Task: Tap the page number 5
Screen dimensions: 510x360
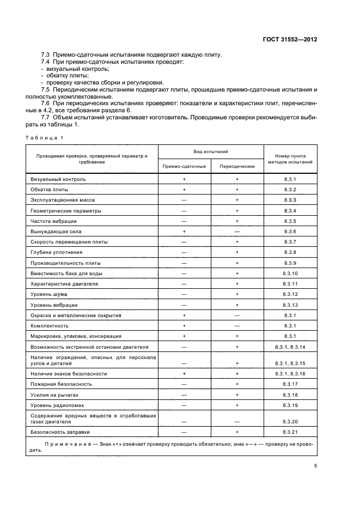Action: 315,466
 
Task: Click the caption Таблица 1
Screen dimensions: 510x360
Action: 45,137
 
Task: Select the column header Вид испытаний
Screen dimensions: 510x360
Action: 210,151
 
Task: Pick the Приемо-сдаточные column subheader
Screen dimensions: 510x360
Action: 184,166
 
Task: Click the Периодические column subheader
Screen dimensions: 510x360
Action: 237,166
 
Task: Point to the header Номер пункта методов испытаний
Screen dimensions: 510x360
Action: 290,158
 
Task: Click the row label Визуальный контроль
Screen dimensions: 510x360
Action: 58,179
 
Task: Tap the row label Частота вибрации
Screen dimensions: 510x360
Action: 53,221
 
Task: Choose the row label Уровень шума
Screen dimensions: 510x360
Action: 49,294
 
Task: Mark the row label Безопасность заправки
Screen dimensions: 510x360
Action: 60,432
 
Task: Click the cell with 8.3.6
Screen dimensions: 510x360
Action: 290,232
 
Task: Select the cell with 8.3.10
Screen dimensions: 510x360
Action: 290,273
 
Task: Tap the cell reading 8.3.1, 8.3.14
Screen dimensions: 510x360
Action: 290,347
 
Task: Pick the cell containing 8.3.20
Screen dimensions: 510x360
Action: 290,421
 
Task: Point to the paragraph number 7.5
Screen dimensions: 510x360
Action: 46,88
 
